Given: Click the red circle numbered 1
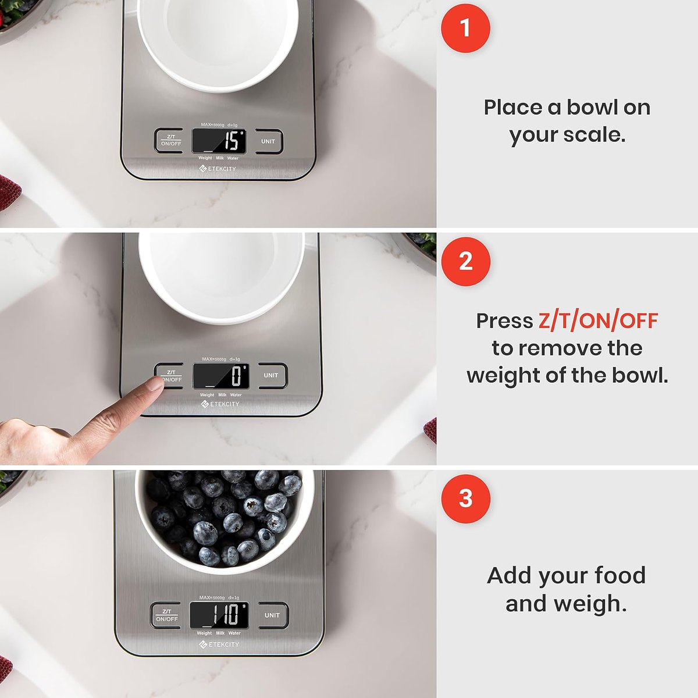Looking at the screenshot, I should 465,28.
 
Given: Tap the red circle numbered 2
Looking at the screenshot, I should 465,261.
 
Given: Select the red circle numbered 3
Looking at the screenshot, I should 465,498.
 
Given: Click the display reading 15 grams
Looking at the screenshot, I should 219,141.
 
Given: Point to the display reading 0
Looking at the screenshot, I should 221,376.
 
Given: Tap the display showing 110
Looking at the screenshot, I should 219,615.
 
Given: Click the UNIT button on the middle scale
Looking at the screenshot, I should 271,375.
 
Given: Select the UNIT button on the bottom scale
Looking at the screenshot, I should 272,615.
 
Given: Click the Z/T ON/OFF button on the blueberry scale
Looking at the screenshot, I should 167,615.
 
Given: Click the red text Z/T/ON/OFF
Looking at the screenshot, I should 598,320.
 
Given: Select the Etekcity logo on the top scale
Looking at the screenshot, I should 218,169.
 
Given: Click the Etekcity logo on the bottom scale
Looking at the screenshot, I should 219,644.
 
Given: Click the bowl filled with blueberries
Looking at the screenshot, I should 224,518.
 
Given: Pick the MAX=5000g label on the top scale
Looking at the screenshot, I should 212,124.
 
